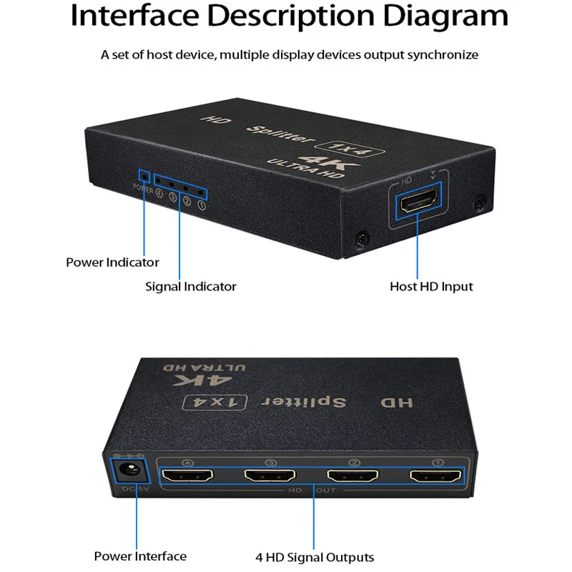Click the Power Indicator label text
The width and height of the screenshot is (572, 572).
[112, 262]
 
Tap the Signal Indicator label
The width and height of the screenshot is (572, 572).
[190, 286]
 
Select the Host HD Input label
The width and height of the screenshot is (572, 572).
[431, 286]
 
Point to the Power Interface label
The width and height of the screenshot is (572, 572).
[140, 556]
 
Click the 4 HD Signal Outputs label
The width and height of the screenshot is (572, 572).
[315, 557]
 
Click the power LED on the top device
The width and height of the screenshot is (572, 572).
[144, 175]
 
